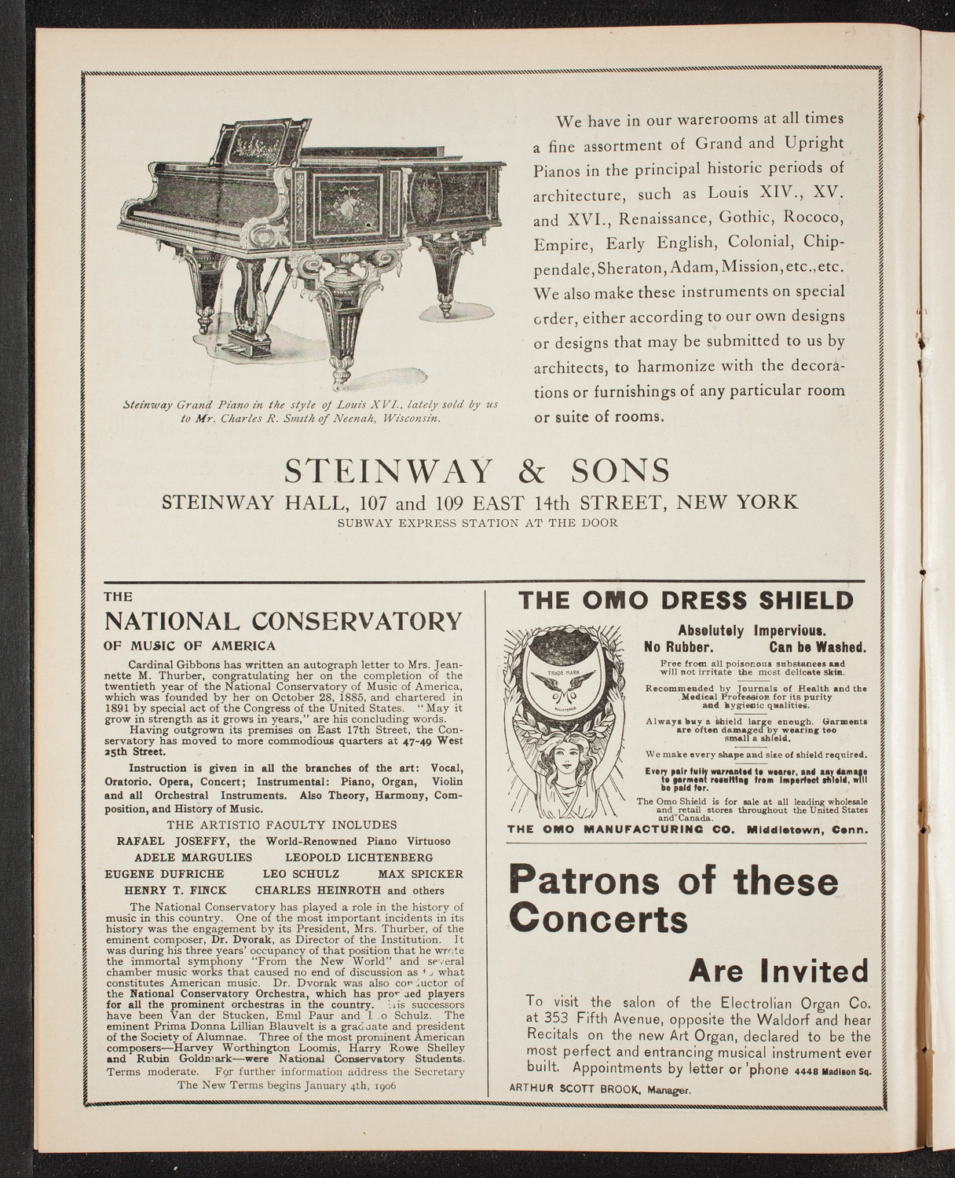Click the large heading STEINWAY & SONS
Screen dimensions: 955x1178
tap(477, 470)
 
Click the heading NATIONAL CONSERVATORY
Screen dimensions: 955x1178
tap(284, 622)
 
